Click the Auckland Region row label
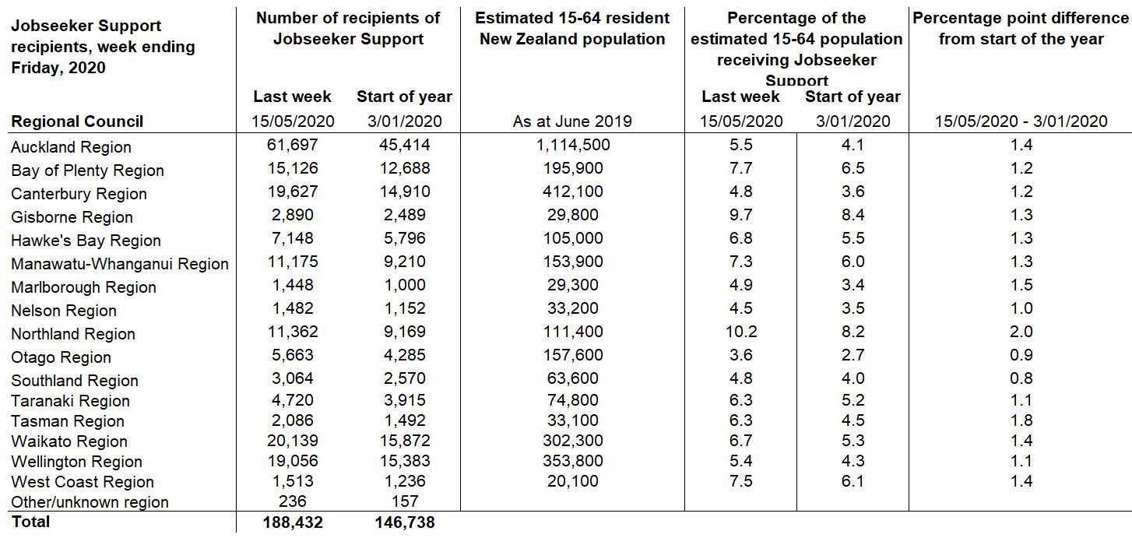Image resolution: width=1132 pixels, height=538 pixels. click(x=71, y=147)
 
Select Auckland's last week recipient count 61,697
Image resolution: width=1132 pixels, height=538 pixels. click(x=293, y=145)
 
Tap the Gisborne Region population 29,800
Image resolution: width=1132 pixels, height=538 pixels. click(x=572, y=215)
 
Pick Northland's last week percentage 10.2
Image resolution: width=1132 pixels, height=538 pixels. click(x=740, y=332)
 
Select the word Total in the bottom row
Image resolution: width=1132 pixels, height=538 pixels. click(x=30, y=522)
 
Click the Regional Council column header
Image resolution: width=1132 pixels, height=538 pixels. click(x=77, y=121)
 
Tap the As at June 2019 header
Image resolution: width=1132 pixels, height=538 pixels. click(x=572, y=121)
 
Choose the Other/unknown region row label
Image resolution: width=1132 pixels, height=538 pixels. click(x=90, y=502)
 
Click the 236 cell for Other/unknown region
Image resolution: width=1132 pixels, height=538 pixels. click(x=293, y=501)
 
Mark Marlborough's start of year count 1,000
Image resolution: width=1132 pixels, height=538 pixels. click(x=404, y=285)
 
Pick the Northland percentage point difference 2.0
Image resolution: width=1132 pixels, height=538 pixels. click(x=1021, y=332)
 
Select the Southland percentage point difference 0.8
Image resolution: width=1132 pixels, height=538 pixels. click(x=1021, y=378)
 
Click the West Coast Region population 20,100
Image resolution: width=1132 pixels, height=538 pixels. click(x=572, y=481)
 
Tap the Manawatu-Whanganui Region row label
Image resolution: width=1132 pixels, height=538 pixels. click(x=120, y=264)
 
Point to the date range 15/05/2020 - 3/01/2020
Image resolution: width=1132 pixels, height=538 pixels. click(x=1021, y=121)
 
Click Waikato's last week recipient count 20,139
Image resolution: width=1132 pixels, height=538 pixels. click(x=293, y=441)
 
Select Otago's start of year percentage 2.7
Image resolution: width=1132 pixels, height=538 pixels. click(x=853, y=355)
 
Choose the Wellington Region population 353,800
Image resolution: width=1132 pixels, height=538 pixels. click(x=572, y=461)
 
